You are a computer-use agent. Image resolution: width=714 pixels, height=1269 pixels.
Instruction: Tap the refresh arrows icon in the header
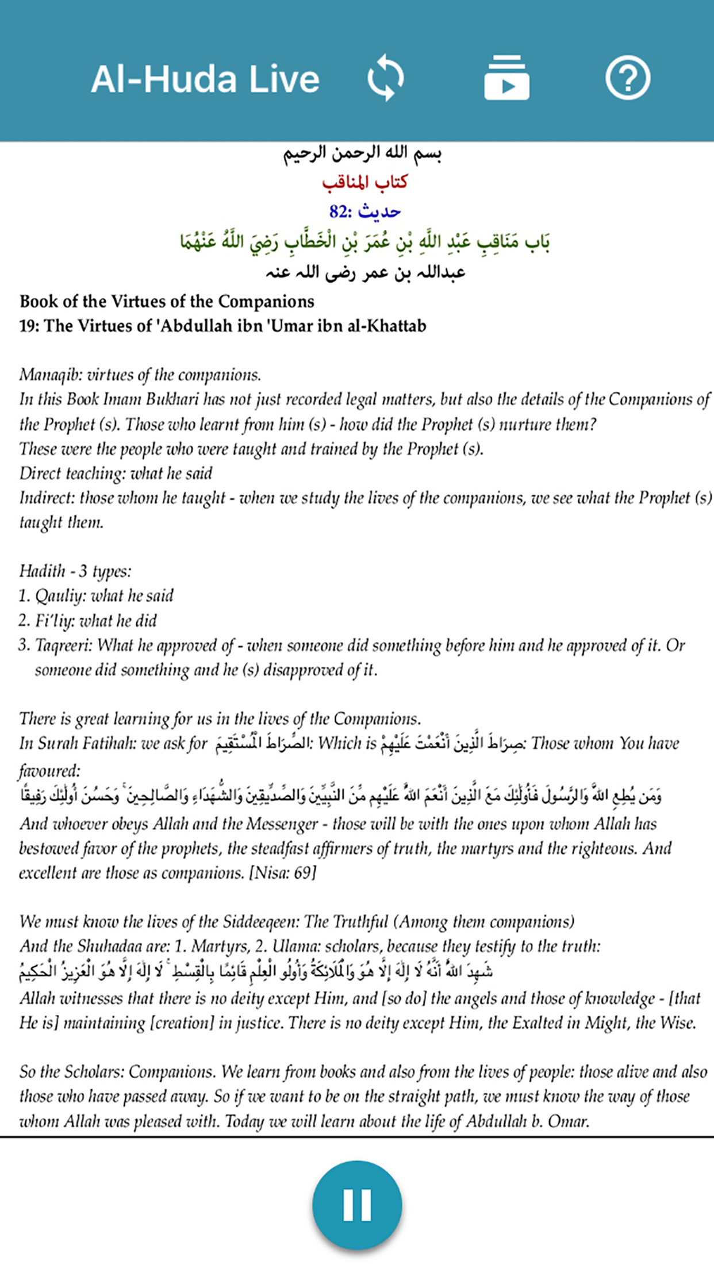point(386,78)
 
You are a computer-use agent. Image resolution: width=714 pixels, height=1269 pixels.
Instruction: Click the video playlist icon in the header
point(506,78)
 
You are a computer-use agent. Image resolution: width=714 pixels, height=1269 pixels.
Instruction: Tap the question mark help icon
point(627,78)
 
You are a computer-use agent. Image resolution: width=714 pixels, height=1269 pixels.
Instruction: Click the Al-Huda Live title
point(205,79)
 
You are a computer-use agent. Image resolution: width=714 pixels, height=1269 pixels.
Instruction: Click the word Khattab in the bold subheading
point(396,326)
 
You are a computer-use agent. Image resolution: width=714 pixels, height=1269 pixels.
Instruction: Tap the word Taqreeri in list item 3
point(63,645)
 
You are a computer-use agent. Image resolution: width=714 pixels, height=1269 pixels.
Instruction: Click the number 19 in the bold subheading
point(28,326)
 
